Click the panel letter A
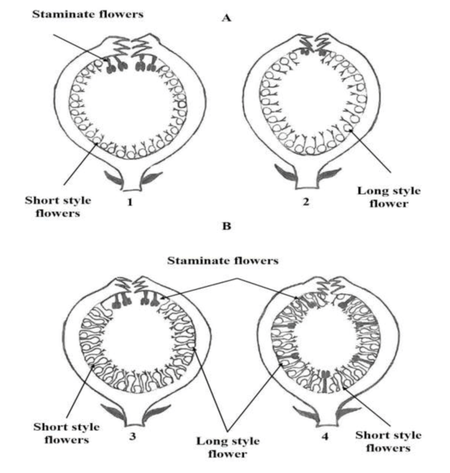coord(227,18)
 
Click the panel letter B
coord(227,226)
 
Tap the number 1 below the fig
coord(130,202)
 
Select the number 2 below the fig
coord(306,201)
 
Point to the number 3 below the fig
coord(132,436)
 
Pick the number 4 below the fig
coord(325,436)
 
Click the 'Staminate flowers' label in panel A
coord(87,14)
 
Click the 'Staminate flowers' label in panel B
coord(223,261)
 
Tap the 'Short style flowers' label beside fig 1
coord(58,206)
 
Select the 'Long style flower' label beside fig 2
coord(389,197)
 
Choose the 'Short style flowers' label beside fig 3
coord(67,433)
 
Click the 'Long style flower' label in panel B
coord(228,448)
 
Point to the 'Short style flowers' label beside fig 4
coord(388,441)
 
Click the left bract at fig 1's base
coord(114,178)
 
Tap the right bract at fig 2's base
coord(330,175)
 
